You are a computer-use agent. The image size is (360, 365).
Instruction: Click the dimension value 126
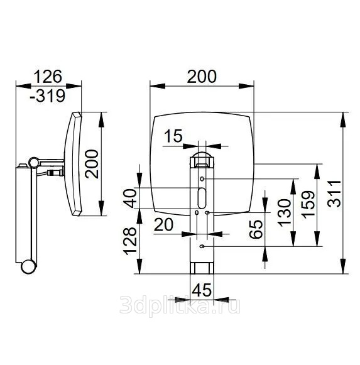[48, 77]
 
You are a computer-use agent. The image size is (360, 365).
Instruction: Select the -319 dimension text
[47, 95]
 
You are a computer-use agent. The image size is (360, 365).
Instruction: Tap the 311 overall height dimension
[334, 193]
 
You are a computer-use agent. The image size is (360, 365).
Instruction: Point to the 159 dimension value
[308, 205]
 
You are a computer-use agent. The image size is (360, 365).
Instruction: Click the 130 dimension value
[285, 212]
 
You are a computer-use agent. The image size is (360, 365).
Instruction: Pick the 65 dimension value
[256, 229]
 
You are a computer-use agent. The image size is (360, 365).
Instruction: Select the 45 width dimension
[202, 290]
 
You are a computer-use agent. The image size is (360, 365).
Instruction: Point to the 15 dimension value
[173, 136]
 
